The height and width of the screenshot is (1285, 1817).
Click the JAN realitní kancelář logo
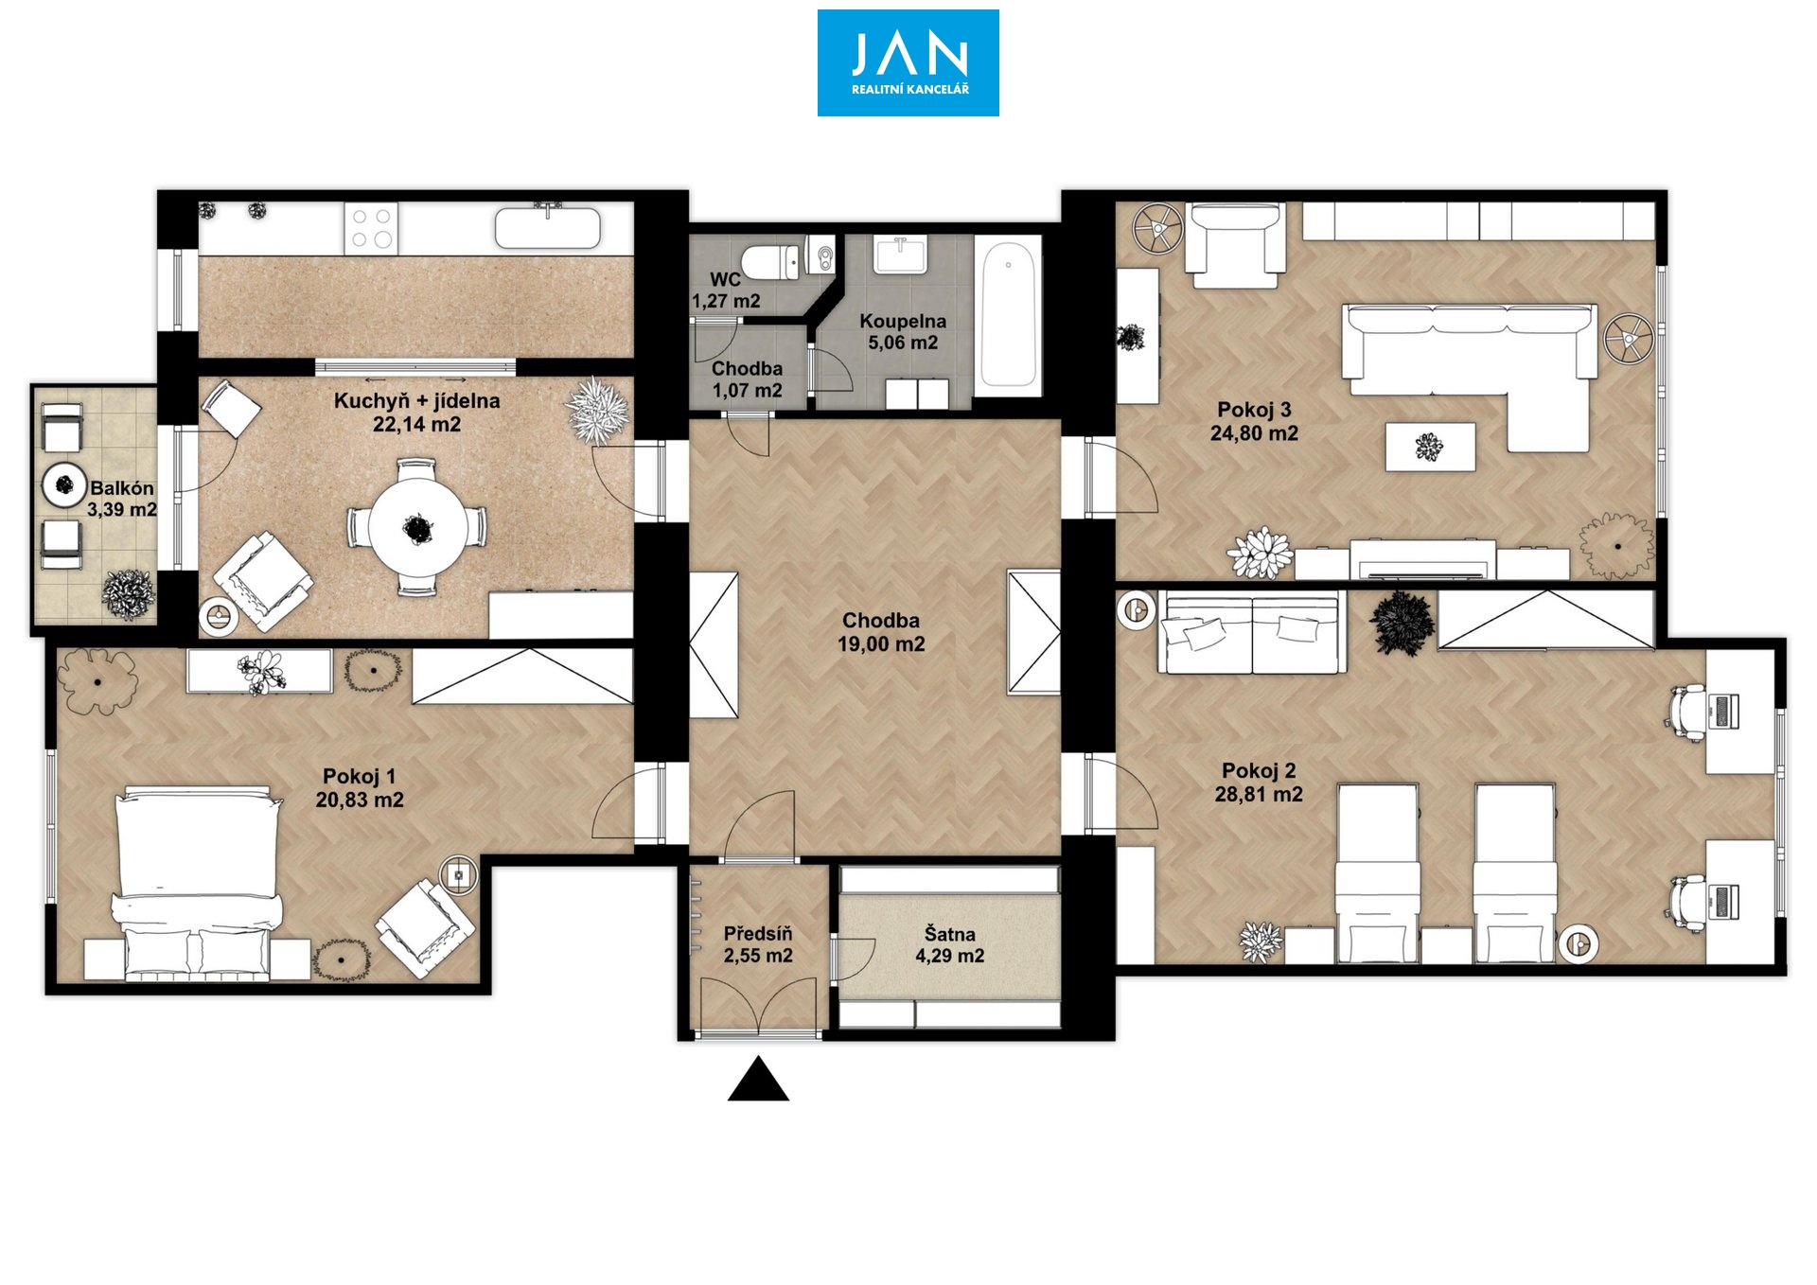click(x=908, y=62)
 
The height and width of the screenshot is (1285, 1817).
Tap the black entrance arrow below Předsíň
click(x=758, y=1079)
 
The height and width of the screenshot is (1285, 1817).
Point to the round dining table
click(x=417, y=528)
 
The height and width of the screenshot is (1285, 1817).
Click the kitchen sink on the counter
click(x=547, y=227)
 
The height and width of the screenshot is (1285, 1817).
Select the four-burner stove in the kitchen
click(x=371, y=228)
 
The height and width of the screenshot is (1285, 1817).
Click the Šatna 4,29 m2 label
click(x=949, y=945)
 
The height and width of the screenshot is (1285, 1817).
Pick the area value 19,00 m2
click(x=881, y=644)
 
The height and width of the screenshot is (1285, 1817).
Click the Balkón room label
click(x=122, y=489)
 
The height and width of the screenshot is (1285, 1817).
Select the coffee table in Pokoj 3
click(x=1430, y=447)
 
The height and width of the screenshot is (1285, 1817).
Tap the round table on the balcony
click(x=64, y=485)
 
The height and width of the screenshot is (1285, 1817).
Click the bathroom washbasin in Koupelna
click(x=900, y=255)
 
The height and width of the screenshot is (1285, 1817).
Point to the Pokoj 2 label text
click(x=1259, y=771)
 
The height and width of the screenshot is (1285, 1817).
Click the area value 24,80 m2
click(x=1254, y=433)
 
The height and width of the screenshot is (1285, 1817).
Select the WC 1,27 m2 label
click(x=726, y=290)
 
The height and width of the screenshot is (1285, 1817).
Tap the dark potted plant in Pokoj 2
click(x=1402, y=623)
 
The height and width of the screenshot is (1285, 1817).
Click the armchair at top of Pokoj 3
click(x=1235, y=244)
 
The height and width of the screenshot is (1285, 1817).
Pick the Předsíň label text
click(x=758, y=934)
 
